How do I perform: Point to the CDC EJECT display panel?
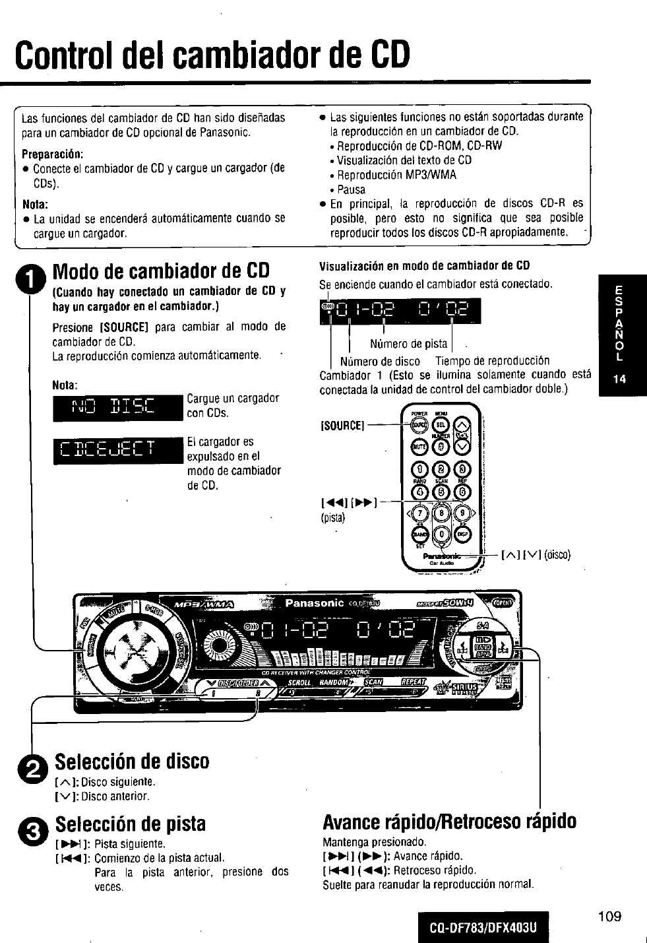click(x=118, y=449)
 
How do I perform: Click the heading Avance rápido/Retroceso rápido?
click(x=449, y=822)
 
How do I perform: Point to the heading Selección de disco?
click(x=132, y=761)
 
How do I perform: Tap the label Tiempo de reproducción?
click(x=492, y=361)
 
